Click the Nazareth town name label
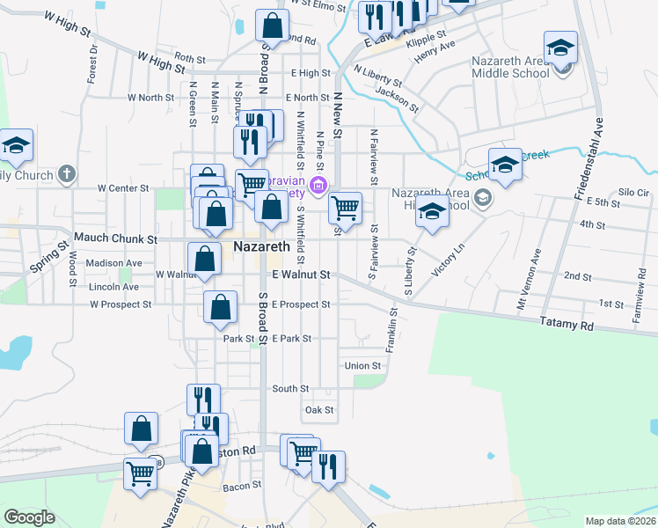click(x=261, y=247)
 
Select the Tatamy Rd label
click(x=567, y=325)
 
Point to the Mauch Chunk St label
click(x=115, y=238)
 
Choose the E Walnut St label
click(x=301, y=275)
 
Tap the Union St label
click(x=363, y=366)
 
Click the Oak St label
click(x=318, y=410)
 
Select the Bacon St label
click(x=238, y=486)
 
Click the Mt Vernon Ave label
click(x=536, y=281)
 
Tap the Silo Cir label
click(x=633, y=192)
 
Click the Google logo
click(x=29, y=517)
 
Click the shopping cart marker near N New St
click(x=346, y=209)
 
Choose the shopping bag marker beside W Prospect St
click(x=220, y=308)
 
